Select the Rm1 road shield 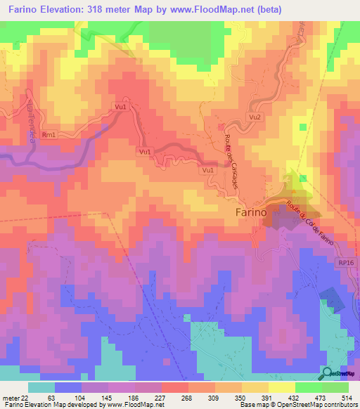pyautogui.click(x=49, y=134)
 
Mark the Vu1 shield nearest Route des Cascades pyautogui.click(x=207, y=170)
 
